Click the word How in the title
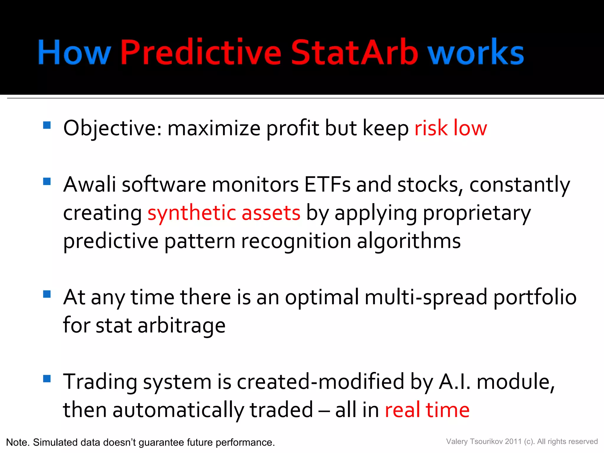click(x=74, y=52)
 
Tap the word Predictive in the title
click(x=201, y=52)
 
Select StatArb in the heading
click(x=354, y=52)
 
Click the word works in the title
click(x=475, y=52)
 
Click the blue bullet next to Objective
click(x=47, y=125)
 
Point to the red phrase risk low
click(x=450, y=128)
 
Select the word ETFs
click(x=327, y=185)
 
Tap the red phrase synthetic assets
click(x=224, y=213)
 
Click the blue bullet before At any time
click(x=47, y=294)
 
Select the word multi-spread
click(x=426, y=297)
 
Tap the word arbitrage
click(x=181, y=326)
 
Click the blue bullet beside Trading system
click(x=47, y=378)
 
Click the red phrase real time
click(x=427, y=410)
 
